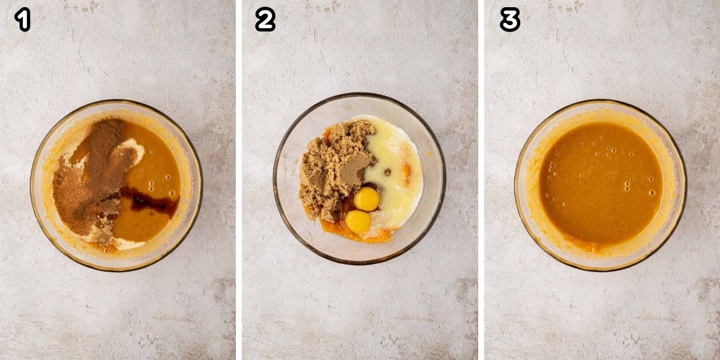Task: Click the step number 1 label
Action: click(x=23, y=20)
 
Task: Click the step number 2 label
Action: click(x=265, y=20)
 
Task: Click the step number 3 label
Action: click(x=509, y=20)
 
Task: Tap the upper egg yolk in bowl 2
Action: click(x=366, y=199)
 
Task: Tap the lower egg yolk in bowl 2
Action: click(x=358, y=222)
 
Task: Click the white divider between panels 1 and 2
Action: click(x=239, y=180)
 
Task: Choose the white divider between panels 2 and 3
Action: click(x=481, y=180)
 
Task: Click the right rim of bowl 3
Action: click(x=685, y=186)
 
